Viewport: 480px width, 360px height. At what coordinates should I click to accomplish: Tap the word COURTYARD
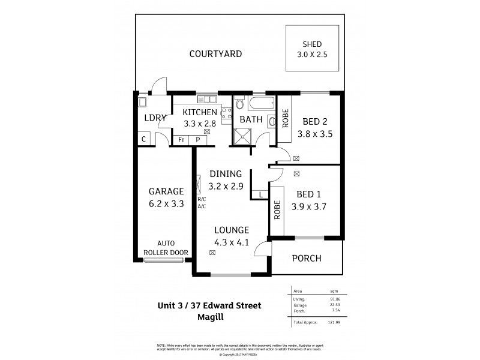click(x=215, y=54)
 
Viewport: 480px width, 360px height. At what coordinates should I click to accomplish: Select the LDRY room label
click(x=155, y=118)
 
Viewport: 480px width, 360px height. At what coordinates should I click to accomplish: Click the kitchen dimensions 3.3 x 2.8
click(x=200, y=124)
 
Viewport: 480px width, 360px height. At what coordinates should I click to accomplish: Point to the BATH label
click(x=251, y=119)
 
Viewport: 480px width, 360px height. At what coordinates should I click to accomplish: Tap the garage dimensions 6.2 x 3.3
click(x=166, y=203)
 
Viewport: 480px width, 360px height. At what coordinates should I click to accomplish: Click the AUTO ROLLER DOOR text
click(x=166, y=248)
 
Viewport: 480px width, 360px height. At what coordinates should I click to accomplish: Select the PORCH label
click(x=307, y=259)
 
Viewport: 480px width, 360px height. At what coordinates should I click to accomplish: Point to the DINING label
click(x=226, y=174)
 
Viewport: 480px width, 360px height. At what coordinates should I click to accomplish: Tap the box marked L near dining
click(x=260, y=194)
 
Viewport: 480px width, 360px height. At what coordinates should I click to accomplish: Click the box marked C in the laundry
click(x=143, y=139)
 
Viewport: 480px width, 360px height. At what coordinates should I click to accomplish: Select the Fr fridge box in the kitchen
click(x=181, y=140)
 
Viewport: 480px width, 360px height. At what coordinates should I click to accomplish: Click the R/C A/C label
click(x=202, y=203)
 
